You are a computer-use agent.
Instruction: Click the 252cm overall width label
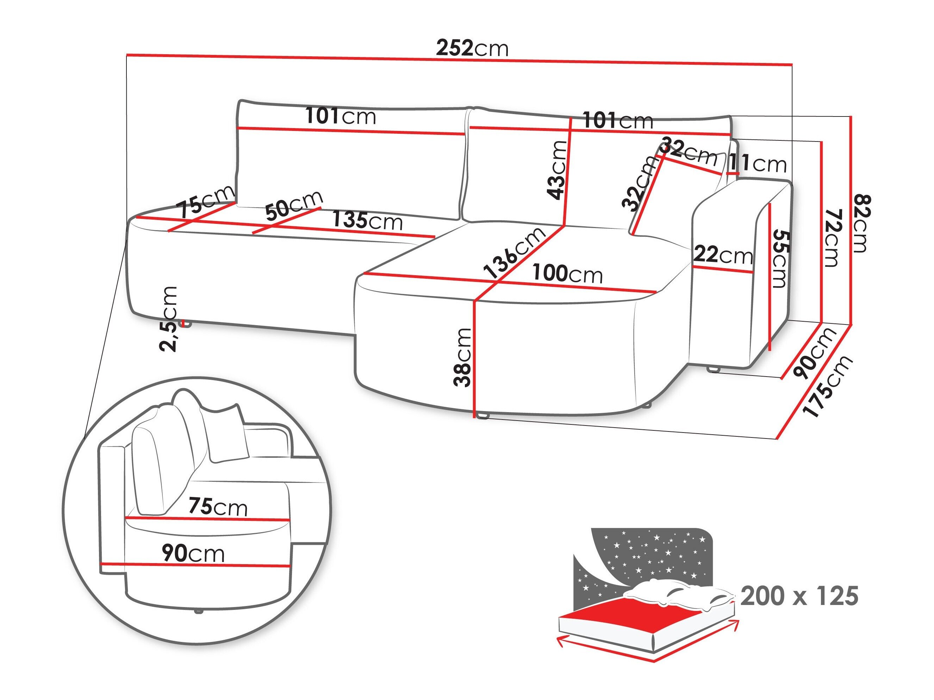(x=472, y=49)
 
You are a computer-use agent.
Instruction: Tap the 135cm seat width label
(x=367, y=221)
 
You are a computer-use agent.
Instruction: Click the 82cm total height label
(x=861, y=223)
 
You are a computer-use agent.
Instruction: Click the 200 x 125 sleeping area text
(x=799, y=596)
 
